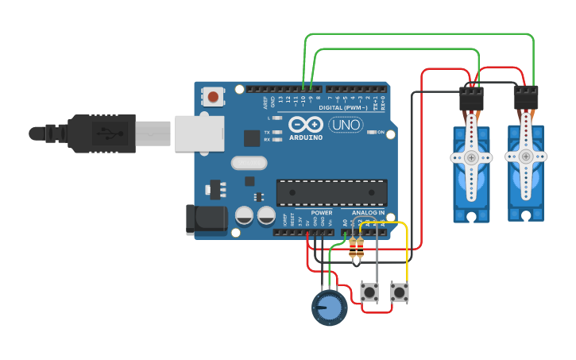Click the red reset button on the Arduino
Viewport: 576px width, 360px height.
[212, 97]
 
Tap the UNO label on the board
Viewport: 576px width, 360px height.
[346, 125]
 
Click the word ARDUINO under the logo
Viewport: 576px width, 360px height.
[306, 137]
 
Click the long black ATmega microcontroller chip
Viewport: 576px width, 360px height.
[331, 192]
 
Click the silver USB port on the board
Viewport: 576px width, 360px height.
[199, 133]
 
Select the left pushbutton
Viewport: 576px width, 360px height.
[369, 292]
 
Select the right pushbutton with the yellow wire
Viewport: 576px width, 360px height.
[399, 292]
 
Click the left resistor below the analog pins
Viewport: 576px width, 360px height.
[352, 250]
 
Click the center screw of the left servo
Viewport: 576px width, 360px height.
[472, 158]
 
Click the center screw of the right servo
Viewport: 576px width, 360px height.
[526, 158]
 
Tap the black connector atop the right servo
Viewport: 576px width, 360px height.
[526, 99]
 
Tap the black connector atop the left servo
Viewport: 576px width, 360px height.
[471, 99]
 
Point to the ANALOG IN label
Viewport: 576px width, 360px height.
[368, 213]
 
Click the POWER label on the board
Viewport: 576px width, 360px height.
[322, 213]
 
